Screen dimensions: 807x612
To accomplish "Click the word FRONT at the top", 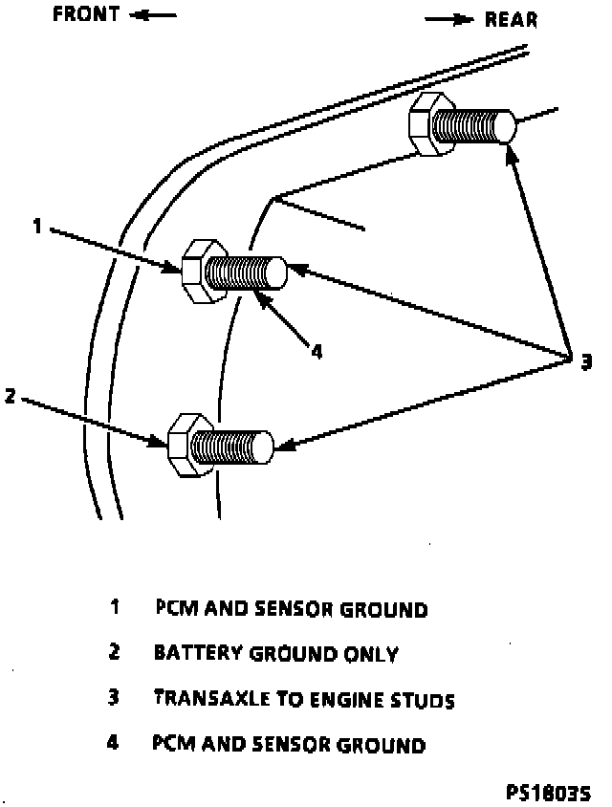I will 85,15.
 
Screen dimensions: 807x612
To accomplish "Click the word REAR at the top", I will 511,19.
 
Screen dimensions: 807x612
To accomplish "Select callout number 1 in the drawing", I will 37,227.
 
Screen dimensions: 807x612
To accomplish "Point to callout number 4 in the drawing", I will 317,351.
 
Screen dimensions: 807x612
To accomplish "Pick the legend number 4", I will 113,743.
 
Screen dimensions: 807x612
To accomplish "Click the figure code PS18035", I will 549,793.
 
